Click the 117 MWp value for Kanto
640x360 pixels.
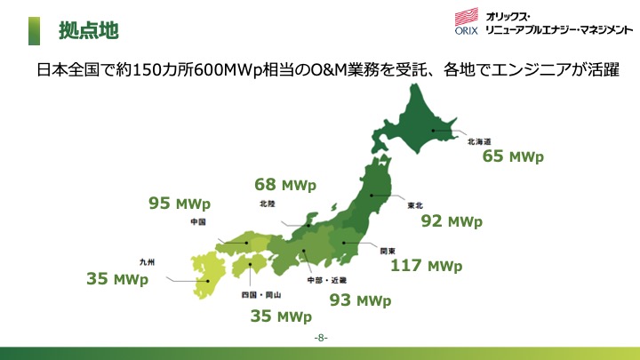pos(427,266)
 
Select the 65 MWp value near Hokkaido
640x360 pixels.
pos(513,156)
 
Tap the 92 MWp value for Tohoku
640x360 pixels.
pos(452,221)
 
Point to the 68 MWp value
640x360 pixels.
pos(285,185)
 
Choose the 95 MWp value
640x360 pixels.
pos(180,204)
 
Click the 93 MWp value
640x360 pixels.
pos(360,300)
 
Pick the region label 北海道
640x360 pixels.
pos(479,141)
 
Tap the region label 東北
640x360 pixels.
pos(415,205)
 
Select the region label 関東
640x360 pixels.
pos(388,251)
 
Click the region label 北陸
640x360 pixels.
pos(268,204)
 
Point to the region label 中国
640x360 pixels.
pos(198,221)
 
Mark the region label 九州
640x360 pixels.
pos(147,262)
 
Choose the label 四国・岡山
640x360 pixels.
pos(261,295)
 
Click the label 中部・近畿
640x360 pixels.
pos(327,280)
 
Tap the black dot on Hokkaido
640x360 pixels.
pos(433,131)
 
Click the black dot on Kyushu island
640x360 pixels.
pos(208,281)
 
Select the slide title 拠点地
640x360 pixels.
pos(89,30)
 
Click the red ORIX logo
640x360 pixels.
pos(467,20)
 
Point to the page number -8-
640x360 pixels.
pos(321,338)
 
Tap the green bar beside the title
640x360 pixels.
pos(35,31)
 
